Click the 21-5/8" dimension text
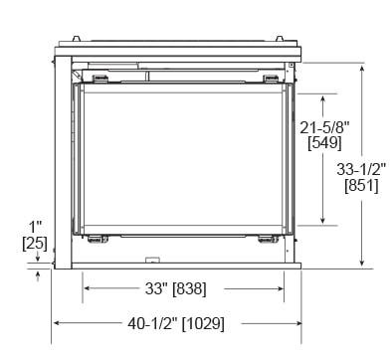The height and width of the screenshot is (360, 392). click(324, 127)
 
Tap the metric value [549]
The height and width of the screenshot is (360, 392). click(324, 143)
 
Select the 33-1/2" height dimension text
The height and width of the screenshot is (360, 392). click(361, 169)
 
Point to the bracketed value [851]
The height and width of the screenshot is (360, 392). click(361, 185)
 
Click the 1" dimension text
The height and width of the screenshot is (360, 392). click(35, 228)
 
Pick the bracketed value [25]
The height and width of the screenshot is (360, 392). click(35, 244)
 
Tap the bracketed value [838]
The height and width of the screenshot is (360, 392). click(190, 288)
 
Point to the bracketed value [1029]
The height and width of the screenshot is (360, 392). click(203, 323)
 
